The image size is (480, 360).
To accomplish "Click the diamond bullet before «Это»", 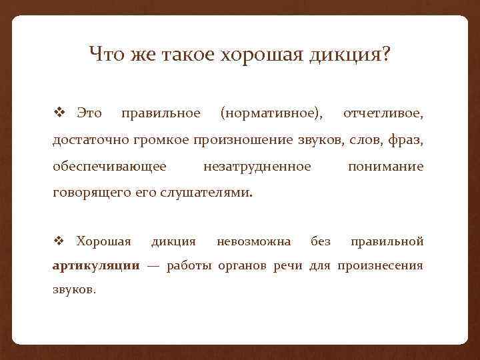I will point(59,113).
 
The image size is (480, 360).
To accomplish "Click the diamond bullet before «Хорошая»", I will point(59,240).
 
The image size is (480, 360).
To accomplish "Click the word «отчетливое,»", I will point(383,114).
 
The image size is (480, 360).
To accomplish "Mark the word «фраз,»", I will point(406,140).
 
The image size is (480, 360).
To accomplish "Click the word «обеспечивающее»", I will point(110,166).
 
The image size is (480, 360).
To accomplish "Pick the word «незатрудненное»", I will point(257,166).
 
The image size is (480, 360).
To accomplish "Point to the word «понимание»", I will point(385,166).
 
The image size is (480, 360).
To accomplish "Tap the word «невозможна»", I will point(253,240).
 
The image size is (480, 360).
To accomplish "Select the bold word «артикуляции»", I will point(96,265).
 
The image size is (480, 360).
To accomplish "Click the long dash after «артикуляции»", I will point(153,265).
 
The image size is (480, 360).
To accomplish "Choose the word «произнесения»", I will point(380,265).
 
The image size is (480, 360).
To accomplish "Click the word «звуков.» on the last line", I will point(74,291).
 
